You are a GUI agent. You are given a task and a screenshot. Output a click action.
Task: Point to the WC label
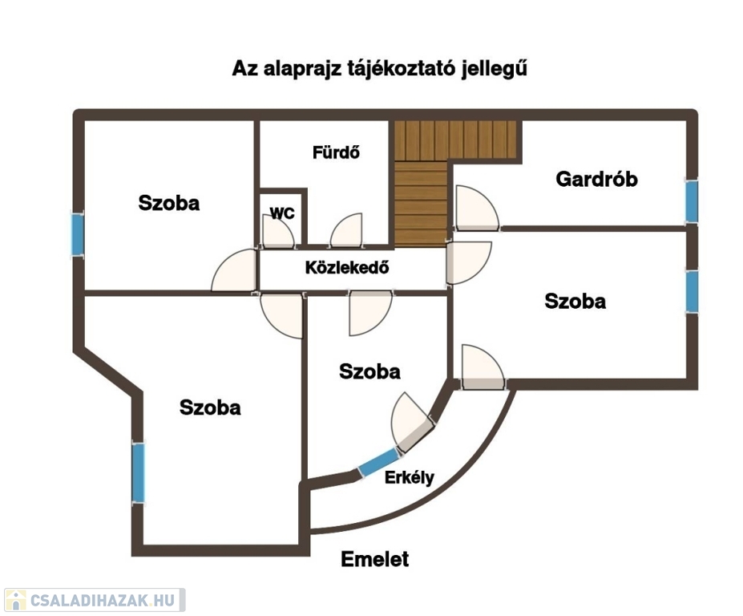pos(281,213)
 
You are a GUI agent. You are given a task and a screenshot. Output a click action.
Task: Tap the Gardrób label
pos(597,179)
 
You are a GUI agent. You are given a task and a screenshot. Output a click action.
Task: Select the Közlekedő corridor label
pos(347,268)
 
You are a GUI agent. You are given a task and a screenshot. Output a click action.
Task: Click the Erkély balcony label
pos(410,478)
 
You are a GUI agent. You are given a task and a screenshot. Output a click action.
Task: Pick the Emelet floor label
pos(374,559)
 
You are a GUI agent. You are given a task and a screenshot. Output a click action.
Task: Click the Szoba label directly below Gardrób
pos(575,302)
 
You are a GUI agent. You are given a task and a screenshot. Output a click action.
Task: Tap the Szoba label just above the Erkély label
pos(369,371)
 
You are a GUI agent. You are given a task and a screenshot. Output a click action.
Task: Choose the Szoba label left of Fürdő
pos(168,202)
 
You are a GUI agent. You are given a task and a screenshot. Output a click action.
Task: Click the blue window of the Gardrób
pos(691,201)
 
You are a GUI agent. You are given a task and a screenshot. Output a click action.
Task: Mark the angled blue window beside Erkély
pos(378,464)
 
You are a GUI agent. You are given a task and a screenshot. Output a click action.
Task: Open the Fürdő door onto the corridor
pos(348,233)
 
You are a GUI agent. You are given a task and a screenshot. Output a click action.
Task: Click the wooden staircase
pos(421,188)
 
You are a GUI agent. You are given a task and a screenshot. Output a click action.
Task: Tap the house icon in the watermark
pos(14,600)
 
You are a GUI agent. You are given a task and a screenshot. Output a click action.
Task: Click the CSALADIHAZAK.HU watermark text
pos(102,600)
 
